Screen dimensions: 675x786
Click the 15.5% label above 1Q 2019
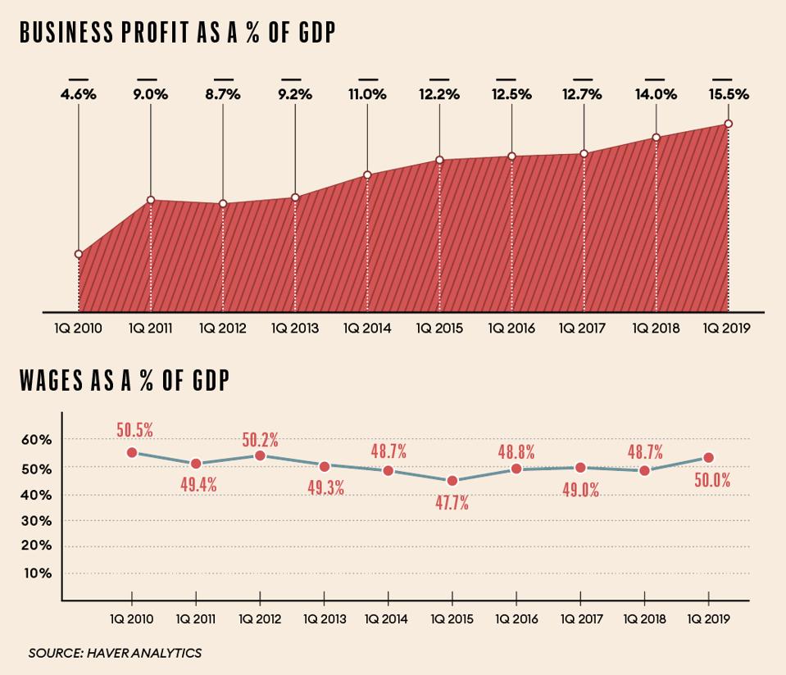(728, 95)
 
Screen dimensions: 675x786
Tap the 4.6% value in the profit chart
(79, 95)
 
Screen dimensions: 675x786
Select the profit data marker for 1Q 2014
(367, 174)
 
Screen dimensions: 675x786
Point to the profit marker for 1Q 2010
(79, 254)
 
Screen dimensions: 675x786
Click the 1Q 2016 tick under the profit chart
(511, 328)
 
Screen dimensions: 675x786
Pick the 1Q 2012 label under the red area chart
(223, 328)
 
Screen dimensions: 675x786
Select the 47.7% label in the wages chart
(452, 503)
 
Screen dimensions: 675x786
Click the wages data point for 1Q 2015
(452, 481)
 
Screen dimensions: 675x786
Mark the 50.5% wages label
(134, 430)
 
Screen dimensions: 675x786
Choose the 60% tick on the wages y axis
(36, 440)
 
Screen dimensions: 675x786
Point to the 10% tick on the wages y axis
(36, 573)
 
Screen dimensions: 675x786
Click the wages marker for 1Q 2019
(709, 458)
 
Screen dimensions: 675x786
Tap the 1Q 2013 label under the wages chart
(324, 619)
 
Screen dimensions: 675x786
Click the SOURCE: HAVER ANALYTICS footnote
(115, 653)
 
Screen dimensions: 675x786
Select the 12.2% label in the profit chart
(439, 95)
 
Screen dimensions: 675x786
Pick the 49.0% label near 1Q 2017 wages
(580, 490)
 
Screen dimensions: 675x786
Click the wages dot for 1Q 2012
(260, 455)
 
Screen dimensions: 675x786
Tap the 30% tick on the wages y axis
(36, 521)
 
